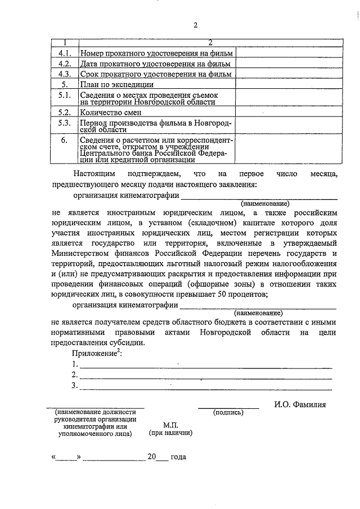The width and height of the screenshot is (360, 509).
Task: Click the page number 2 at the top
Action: [195, 26]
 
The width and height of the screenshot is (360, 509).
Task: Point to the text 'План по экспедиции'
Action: [116, 84]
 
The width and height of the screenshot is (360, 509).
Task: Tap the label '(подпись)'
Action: [228, 413]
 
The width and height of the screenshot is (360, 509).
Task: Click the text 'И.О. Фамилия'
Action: [300, 404]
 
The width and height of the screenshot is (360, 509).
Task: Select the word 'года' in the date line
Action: [178, 457]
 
